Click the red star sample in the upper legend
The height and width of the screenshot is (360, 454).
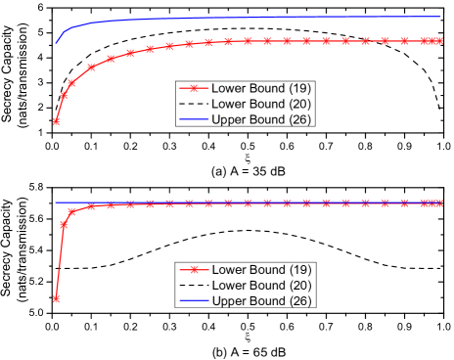point(194,88)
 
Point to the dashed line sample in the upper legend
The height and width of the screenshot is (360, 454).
point(194,104)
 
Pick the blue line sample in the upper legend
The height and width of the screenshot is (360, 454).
point(194,119)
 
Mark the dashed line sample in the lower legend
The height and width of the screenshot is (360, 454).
point(194,285)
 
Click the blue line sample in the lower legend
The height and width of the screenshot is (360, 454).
point(194,299)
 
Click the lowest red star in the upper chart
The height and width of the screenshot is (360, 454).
point(57,121)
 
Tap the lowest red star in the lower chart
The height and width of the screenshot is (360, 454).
point(57,298)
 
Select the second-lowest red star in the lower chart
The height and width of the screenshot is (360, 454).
point(65,224)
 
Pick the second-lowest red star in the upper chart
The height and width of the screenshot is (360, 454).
point(65,95)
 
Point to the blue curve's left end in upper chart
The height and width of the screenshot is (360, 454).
point(56,43)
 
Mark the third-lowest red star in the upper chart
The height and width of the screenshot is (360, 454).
point(72,83)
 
